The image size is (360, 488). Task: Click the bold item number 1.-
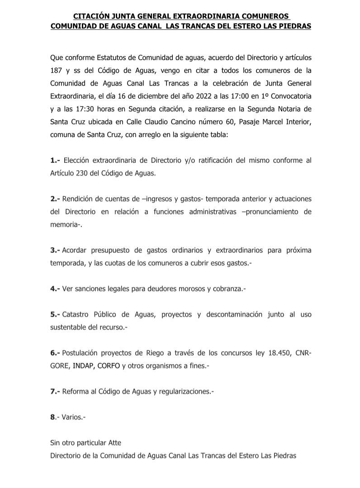(x=55, y=160)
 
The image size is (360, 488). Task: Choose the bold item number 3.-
(x=55, y=250)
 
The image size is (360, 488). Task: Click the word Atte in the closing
(x=114, y=443)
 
